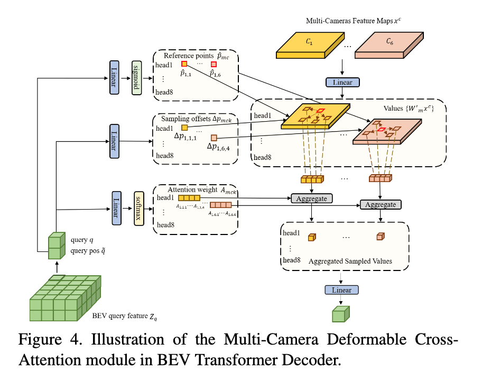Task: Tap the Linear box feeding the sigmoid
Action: tap(115, 77)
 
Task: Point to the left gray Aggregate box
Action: tap(311, 198)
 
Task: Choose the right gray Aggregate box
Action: tap(381, 204)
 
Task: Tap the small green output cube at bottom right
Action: tap(341, 314)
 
